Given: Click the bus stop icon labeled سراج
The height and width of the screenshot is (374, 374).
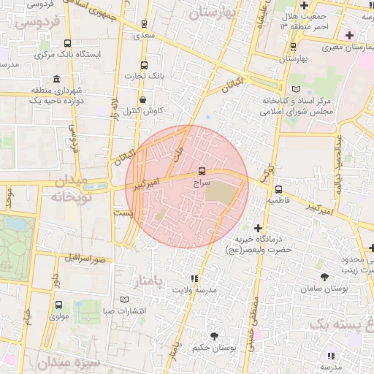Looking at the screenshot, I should pyautogui.click(x=201, y=171).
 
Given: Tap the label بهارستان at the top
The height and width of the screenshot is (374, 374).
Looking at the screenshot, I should pyautogui.click(x=214, y=13).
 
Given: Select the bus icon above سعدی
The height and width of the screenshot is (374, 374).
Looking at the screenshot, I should pyautogui.click(x=143, y=24).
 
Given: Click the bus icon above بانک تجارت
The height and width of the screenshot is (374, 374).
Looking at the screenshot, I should pyautogui.click(x=143, y=64).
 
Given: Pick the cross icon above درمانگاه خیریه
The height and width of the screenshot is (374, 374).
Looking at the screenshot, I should pyautogui.click(x=257, y=228).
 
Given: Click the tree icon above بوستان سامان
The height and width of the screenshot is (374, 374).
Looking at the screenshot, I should pyautogui.click(x=324, y=276).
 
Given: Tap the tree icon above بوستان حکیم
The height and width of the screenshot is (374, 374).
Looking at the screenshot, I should pyautogui.click(x=214, y=336).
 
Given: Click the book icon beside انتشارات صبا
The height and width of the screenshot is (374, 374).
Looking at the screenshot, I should pyautogui.click(x=123, y=299).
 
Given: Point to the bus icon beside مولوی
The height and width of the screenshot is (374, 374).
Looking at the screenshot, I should pyautogui.click(x=58, y=305).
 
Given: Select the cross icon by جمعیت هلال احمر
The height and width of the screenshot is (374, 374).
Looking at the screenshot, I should pyautogui.click(x=304, y=6).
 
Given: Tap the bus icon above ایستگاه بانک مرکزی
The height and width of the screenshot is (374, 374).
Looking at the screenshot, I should pyautogui.click(x=68, y=43).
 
